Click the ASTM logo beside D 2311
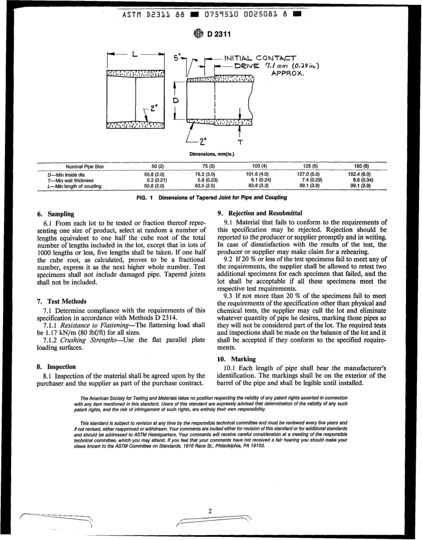coord(198,35)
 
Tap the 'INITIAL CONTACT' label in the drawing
coord(260,58)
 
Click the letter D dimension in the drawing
coord(176,101)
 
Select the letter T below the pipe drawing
coord(240,142)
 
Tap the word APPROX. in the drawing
coord(287,73)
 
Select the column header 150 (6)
coord(360,166)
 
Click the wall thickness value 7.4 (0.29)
coord(311,180)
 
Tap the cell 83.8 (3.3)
coord(258,186)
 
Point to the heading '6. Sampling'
coord(56,214)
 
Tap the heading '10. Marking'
coord(236,359)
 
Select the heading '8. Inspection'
coord(56,367)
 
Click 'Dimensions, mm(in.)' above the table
coord(211,154)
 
